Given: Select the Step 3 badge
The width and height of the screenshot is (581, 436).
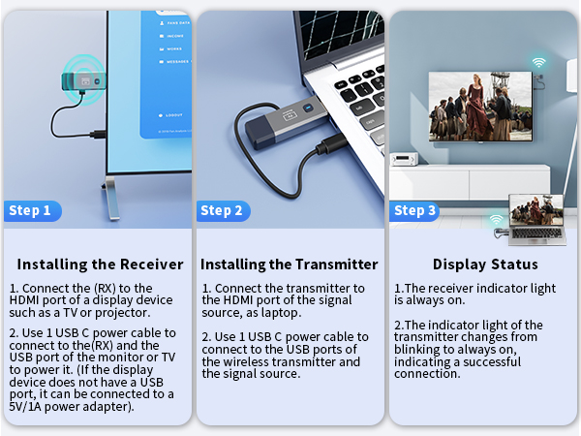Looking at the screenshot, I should [415, 210].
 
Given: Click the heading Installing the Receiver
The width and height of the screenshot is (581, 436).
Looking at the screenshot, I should [100, 265].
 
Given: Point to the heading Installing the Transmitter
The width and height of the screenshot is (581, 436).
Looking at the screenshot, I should [289, 265].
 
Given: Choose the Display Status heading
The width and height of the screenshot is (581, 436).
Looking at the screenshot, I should [485, 265].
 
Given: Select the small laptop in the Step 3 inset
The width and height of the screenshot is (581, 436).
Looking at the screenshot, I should [536, 218].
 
